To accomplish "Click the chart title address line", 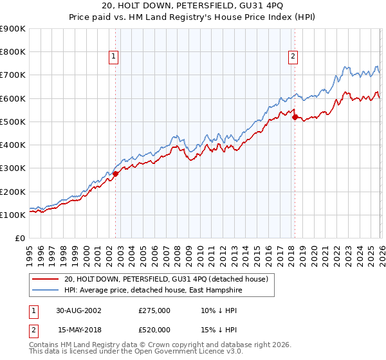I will (192, 7).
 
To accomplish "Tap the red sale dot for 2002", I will (116, 174).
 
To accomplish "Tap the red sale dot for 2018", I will (295, 117).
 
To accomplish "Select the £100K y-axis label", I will (13, 215).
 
